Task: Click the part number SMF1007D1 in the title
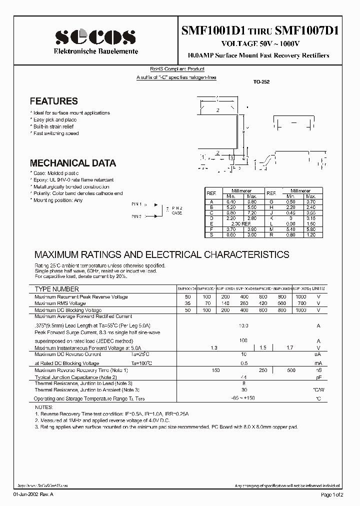[307, 30]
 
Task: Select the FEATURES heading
[53, 101]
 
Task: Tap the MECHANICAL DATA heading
[73, 163]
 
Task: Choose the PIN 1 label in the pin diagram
[138, 204]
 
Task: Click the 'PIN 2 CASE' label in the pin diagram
[177, 210]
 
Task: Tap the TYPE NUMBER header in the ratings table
[56, 289]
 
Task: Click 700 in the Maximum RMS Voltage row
[301, 303]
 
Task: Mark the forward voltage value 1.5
[263, 347]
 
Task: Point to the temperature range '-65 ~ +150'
[243, 398]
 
